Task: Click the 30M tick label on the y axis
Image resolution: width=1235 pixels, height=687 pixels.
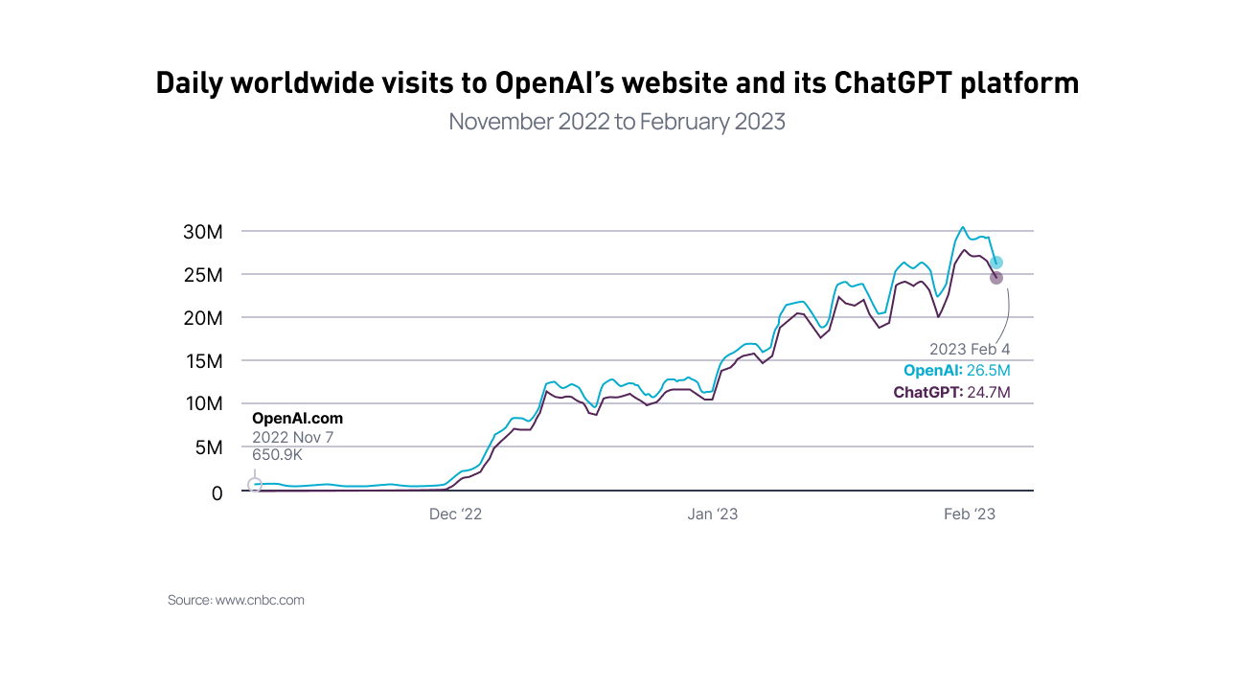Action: [x=202, y=232]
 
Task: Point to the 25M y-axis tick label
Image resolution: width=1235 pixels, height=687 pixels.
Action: [x=202, y=275]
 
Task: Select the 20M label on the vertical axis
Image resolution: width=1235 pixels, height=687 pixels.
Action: [x=202, y=318]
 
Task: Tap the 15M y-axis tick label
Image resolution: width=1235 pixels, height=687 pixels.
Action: [x=202, y=361]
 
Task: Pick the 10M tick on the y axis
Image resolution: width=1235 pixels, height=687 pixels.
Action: [x=202, y=404]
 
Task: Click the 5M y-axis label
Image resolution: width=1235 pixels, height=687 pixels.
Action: [x=207, y=447]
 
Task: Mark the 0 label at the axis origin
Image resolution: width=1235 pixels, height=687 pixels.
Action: [x=217, y=492]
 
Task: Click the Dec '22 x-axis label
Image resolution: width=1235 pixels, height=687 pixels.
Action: [x=455, y=515]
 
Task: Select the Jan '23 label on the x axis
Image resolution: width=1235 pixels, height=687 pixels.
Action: [x=713, y=515]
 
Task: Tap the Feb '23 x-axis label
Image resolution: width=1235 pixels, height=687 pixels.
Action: [x=970, y=515]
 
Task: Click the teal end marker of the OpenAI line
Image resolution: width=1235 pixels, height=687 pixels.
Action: [x=996, y=263]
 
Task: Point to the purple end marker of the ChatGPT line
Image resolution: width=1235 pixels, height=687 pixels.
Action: [x=996, y=278]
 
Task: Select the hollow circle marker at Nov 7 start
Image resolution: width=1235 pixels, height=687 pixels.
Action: [x=255, y=485]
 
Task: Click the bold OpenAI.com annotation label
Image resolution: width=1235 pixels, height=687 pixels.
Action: [x=297, y=419]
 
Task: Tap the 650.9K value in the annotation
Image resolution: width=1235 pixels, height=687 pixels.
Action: [x=277, y=455]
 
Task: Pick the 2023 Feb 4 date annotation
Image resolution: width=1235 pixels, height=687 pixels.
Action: [x=970, y=350]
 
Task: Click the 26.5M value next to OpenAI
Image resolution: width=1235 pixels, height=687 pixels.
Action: [x=989, y=371]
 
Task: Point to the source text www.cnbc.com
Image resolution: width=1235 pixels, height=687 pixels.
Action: [x=260, y=601]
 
